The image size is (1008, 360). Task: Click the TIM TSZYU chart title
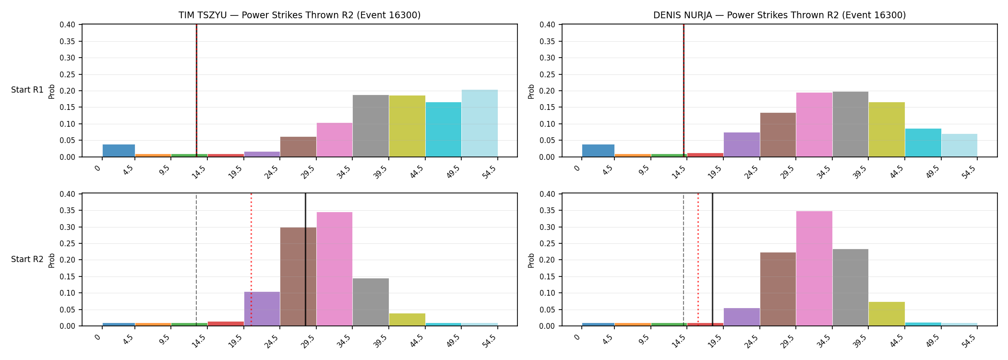point(300,15)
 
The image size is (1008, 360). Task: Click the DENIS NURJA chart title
point(780,15)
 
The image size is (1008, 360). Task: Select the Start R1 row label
point(27,90)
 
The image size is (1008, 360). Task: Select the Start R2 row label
point(27,259)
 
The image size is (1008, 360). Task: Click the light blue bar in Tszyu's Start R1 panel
point(480,123)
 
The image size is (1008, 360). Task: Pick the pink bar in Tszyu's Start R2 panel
point(335,269)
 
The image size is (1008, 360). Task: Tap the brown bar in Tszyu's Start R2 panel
point(298,276)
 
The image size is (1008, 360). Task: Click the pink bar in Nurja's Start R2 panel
point(814,268)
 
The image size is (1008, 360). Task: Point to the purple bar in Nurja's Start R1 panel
point(742,144)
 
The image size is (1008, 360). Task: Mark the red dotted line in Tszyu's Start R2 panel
point(251,260)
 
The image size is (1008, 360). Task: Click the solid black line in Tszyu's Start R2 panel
point(305,260)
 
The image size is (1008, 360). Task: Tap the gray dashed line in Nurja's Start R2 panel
point(684,260)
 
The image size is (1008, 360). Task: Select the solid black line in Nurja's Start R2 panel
point(712,260)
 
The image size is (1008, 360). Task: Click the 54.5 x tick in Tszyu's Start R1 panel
point(490,171)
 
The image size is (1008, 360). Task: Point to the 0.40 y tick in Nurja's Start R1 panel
point(548,25)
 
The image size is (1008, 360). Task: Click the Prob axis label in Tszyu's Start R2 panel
point(52,260)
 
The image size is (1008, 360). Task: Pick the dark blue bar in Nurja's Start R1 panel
point(598,151)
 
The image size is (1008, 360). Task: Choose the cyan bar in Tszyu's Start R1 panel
point(444,130)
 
